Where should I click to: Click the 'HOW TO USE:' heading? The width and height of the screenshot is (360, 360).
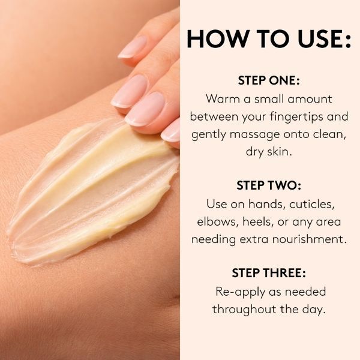269,38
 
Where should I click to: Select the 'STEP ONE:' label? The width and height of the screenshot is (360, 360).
269,80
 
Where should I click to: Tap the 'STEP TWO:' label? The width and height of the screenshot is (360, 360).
269,185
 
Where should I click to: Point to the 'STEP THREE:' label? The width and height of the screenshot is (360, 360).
269,273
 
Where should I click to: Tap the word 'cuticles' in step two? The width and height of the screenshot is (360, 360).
311,204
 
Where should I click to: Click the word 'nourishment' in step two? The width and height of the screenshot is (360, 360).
309,239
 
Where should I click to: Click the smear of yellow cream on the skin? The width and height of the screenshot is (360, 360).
92,195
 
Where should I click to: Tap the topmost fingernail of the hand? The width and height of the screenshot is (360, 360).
133,47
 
